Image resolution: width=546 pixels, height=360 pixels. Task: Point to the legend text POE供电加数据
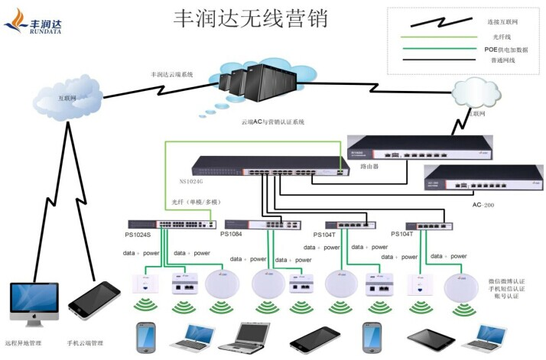point(506,49)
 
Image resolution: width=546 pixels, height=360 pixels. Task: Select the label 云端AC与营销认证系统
point(273,122)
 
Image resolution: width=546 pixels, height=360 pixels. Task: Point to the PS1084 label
point(232,235)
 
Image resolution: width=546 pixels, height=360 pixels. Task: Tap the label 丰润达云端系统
point(172,74)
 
